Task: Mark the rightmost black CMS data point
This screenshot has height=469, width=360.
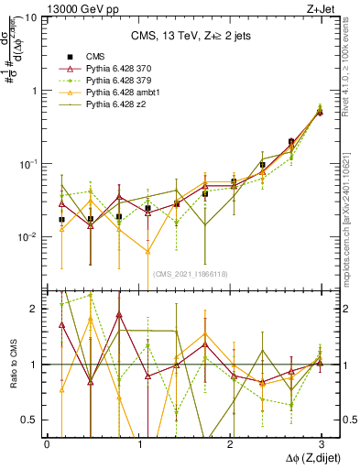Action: pos(320,112)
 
